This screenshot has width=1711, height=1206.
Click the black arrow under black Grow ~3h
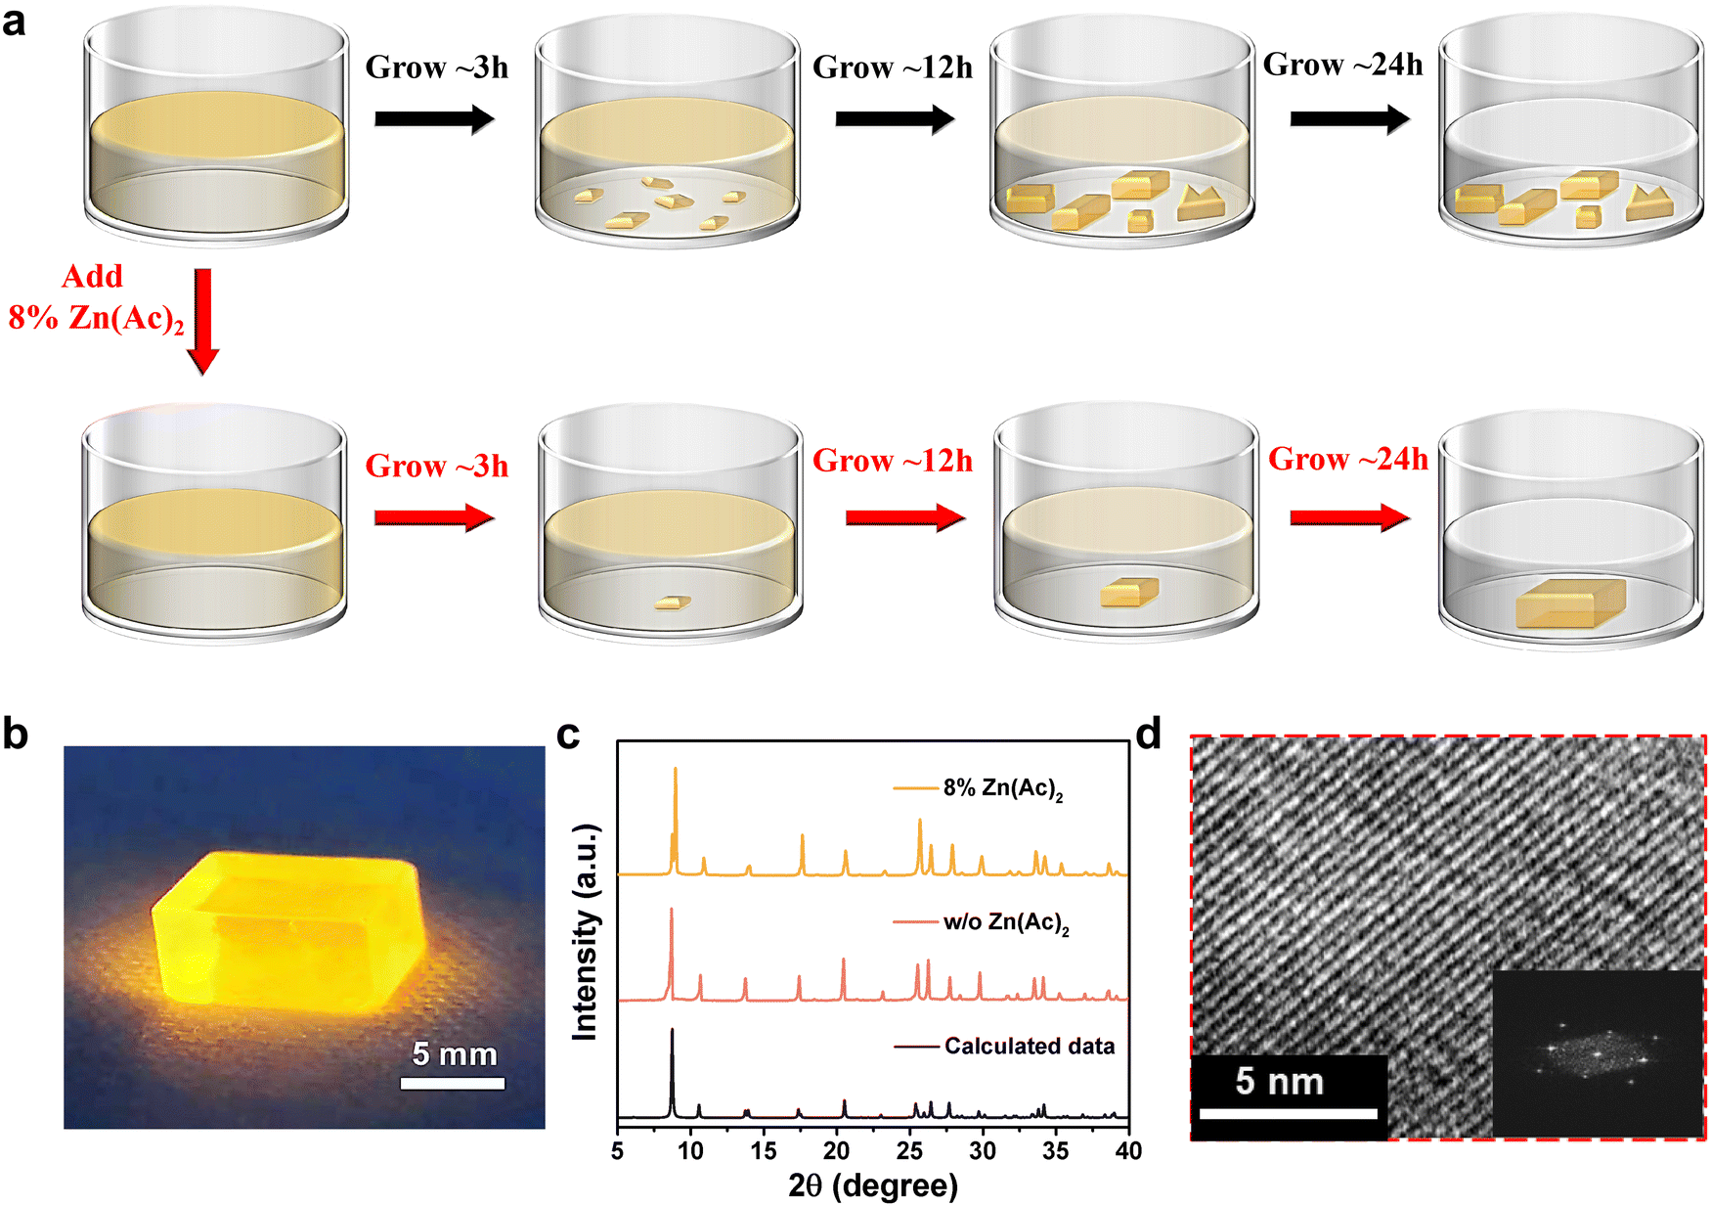pyautogui.click(x=434, y=119)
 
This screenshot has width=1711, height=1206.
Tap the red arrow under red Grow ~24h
pyautogui.click(x=1349, y=517)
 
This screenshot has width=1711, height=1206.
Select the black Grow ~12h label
pyautogui.click(x=893, y=67)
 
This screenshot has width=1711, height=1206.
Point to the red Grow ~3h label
pyautogui.click(x=436, y=466)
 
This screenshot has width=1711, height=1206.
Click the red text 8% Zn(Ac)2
pyautogui.click(x=96, y=318)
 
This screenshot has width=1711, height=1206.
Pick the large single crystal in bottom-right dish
pyautogui.click(x=1570, y=603)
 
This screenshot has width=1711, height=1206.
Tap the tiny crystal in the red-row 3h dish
pyautogui.click(x=673, y=603)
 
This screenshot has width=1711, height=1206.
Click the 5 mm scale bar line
pyautogui.click(x=453, y=1083)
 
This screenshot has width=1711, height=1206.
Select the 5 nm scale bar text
pyautogui.click(x=1279, y=1081)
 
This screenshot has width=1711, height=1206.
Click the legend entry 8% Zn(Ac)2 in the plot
pyautogui.click(x=1002, y=788)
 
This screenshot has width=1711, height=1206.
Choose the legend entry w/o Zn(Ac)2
pyautogui.click(x=1005, y=922)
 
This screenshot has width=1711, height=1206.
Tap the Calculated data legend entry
pyautogui.click(x=1029, y=1047)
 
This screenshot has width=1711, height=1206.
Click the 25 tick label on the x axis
pyautogui.click(x=909, y=1151)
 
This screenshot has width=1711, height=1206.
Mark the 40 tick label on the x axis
pyautogui.click(x=1128, y=1151)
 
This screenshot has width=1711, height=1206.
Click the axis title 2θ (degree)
pyautogui.click(x=873, y=1185)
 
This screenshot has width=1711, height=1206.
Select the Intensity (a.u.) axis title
pyautogui.click(x=585, y=931)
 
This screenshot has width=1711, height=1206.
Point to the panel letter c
pyautogui.click(x=568, y=734)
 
